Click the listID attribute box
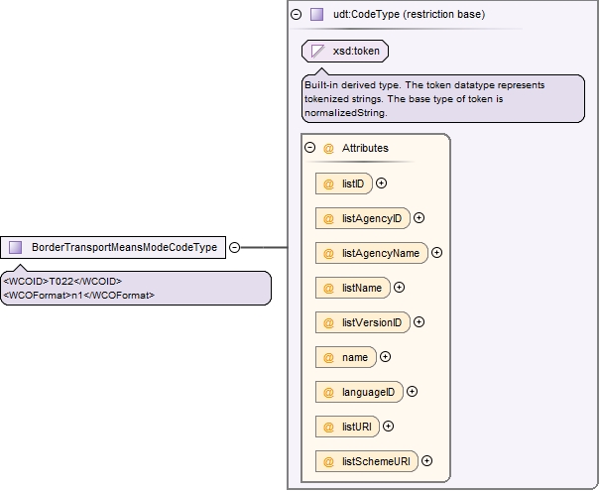coord(343,184)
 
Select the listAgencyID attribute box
coord(363,218)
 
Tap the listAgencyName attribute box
coord(372,253)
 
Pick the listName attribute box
coord(353,288)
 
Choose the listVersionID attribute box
coord(363,322)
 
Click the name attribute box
coord(346,357)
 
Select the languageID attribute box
coord(359,392)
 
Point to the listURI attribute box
coord(347,427)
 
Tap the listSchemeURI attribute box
coord(367,461)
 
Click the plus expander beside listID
coord(381,184)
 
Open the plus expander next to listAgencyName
coord(436,253)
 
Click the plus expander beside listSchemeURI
coord(427,461)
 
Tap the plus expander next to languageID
coord(413,392)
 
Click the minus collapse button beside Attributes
coord(310,148)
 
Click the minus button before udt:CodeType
coord(297,15)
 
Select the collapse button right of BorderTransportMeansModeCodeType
coord(235,248)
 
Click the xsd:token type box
coord(345,51)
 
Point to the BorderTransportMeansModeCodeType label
coord(124,247)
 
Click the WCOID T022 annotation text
coord(62,282)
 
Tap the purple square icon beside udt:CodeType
coord(316,15)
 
